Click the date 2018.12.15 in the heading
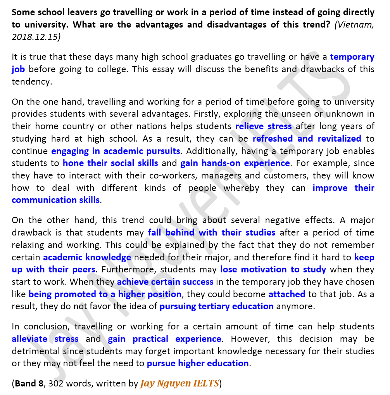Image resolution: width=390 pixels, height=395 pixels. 36,37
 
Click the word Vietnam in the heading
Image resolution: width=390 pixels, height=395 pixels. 354,25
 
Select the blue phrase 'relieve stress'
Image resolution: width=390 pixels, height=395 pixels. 264,126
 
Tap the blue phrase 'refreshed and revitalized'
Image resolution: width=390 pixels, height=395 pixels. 307,139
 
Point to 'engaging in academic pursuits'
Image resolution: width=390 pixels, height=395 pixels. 116,151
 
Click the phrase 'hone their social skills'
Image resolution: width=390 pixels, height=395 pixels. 110,163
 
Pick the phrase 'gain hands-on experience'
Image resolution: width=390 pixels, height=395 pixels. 235,163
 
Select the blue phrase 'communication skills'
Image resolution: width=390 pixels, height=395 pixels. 55,200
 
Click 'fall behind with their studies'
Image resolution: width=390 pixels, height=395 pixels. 212,233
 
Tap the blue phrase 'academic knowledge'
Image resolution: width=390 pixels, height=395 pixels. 87,257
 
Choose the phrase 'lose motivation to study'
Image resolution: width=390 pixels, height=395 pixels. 273,269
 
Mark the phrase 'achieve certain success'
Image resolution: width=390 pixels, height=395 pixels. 165,282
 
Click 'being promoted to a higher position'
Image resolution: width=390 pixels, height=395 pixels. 105,294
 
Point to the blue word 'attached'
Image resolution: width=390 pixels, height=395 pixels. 287,294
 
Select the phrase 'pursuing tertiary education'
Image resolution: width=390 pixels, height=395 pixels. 217,306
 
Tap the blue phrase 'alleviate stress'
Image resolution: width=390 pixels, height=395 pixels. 45,339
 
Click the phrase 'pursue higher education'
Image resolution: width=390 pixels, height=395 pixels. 198,364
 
